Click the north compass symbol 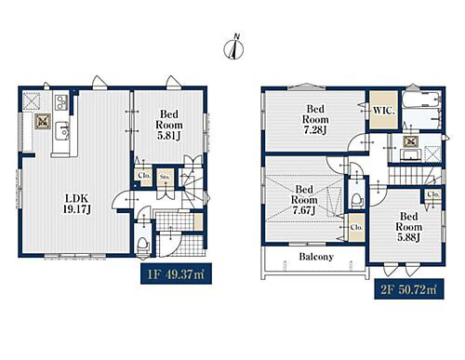(233, 47)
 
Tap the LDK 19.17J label (76, 204)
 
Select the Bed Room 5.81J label (169, 125)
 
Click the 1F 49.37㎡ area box (176, 273)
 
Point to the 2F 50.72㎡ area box (409, 289)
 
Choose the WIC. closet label (384, 111)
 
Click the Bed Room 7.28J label (315, 119)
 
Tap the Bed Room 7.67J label (304, 200)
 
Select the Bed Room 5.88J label (408, 227)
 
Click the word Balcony (316, 257)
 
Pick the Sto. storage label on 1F (165, 177)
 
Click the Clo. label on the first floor (144, 175)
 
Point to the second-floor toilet (357, 201)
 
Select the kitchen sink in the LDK (62, 131)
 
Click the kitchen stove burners (61, 102)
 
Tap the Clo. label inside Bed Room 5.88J (433, 194)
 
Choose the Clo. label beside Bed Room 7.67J (356, 227)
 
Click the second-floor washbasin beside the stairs (410, 154)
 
